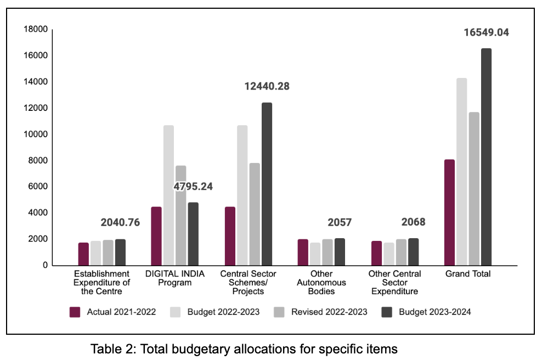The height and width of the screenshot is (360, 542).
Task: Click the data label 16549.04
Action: click(x=486, y=32)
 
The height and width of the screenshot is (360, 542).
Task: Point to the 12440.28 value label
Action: click(x=267, y=86)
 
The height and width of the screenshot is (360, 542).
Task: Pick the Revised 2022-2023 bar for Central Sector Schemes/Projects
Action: click(x=254, y=214)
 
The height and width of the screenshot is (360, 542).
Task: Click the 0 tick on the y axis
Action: click(x=45, y=266)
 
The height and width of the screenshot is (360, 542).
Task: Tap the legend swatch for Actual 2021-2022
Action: click(x=76, y=312)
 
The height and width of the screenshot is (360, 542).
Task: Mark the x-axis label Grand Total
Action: click(x=468, y=274)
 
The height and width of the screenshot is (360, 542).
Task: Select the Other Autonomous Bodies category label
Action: click(x=321, y=282)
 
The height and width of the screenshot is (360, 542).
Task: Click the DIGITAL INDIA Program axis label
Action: click(x=175, y=278)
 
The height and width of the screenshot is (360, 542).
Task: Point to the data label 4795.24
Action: click(x=193, y=187)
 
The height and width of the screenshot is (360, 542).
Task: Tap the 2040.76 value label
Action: click(x=120, y=223)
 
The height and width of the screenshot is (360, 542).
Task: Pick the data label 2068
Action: click(x=413, y=222)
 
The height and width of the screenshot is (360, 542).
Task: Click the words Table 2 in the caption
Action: click(x=110, y=348)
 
